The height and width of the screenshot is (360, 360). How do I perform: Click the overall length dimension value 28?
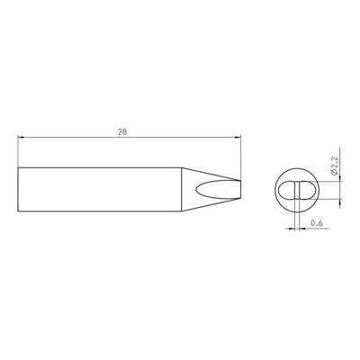point(122,131)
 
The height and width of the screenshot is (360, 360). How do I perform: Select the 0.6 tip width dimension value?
point(316,222)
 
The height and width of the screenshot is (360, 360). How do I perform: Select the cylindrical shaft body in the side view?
point(99,191)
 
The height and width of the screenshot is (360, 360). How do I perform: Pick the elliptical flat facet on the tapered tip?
point(214,191)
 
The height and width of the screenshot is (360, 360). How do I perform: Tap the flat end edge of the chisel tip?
point(242,191)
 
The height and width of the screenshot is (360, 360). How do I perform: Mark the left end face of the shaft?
point(19,191)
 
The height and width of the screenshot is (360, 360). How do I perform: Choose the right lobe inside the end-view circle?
point(303,191)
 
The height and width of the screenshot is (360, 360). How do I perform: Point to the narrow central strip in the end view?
point(295,191)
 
